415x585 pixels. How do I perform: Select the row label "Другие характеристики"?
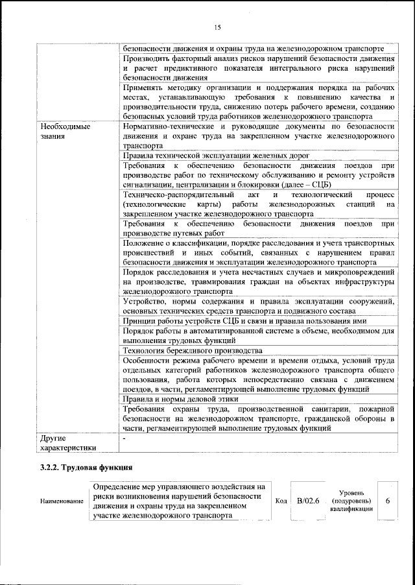[x=68, y=442]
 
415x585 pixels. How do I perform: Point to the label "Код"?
[x=281, y=501]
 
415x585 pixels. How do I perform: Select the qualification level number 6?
[x=387, y=501]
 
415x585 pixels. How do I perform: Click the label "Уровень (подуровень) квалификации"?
[x=351, y=501]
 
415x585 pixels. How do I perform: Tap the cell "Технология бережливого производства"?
[x=192, y=350]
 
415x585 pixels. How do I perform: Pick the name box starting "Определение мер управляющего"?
[x=181, y=501]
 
